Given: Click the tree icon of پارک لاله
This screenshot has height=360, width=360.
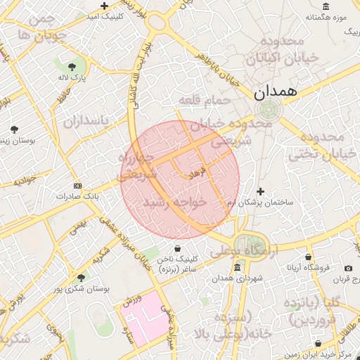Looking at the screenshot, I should click(x=72, y=67).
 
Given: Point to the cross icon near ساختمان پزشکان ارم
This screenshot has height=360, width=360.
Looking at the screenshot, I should click(x=260, y=191).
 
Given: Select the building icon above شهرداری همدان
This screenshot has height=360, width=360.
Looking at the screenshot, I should click(x=237, y=267).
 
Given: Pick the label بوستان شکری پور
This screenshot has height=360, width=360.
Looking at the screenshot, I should click(x=80, y=289).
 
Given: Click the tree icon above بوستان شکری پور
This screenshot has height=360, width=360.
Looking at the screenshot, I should click(x=80, y=278).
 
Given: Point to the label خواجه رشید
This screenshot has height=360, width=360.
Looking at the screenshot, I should click(x=176, y=202).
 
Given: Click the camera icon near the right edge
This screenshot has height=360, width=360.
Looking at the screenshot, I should click(x=348, y=268).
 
